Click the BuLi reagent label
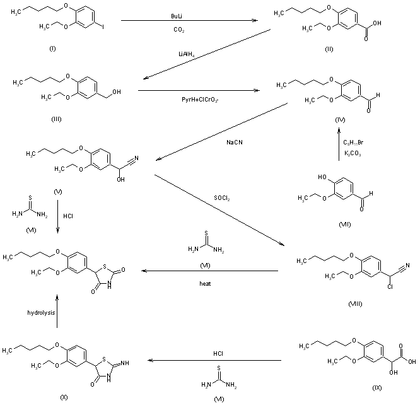click(x=178, y=15)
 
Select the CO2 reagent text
click(x=178, y=30)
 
